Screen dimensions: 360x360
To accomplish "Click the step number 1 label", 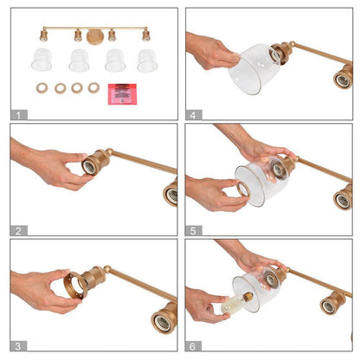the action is tap(18, 116).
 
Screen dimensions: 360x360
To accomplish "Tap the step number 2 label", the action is tap(18, 231).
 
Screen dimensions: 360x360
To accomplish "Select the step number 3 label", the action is tap(18, 346).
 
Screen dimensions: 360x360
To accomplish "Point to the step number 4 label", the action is tap(193, 115).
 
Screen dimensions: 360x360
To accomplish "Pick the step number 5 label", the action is tap(193, 231).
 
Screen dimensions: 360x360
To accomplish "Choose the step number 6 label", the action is tap(193, 346).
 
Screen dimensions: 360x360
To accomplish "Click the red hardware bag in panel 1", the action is tap(122, 94).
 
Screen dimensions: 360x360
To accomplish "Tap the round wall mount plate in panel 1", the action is tap(95, 37).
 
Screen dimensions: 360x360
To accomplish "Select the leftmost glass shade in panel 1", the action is tap(42, 60).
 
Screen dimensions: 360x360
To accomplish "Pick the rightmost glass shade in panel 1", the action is tap(147, 61).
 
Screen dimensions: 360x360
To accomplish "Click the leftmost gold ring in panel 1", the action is tap(42, 87).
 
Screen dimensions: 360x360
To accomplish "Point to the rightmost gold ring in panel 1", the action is tap(93, 88).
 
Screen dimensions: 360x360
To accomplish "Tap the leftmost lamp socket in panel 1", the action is tap(44, 35).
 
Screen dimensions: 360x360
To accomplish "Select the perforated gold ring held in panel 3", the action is tap(75, 285).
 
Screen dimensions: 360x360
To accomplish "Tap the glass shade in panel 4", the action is tap(254, 69).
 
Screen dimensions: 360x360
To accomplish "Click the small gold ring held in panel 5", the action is tap(243, 189).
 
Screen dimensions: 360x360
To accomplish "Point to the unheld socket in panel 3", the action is tap(164, 318).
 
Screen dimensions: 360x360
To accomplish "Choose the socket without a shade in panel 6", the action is tap(332, 303).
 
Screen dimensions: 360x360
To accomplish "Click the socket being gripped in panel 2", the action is tap(95, 163).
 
